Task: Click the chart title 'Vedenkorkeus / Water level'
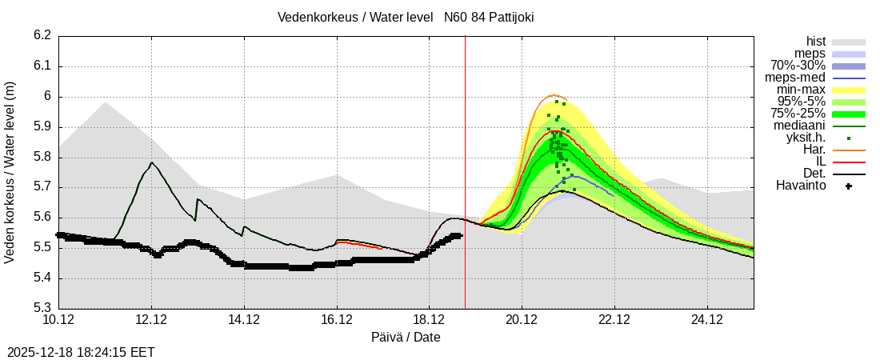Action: pos(355,17)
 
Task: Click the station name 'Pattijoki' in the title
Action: pos(506,17)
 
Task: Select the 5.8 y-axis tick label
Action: pos(42,158)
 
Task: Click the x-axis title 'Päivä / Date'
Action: pos(406,337)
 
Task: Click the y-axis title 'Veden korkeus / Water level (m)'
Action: pos(10,172)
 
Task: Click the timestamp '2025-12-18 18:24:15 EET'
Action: pos(81,352)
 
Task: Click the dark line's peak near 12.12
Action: pos(151,162)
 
